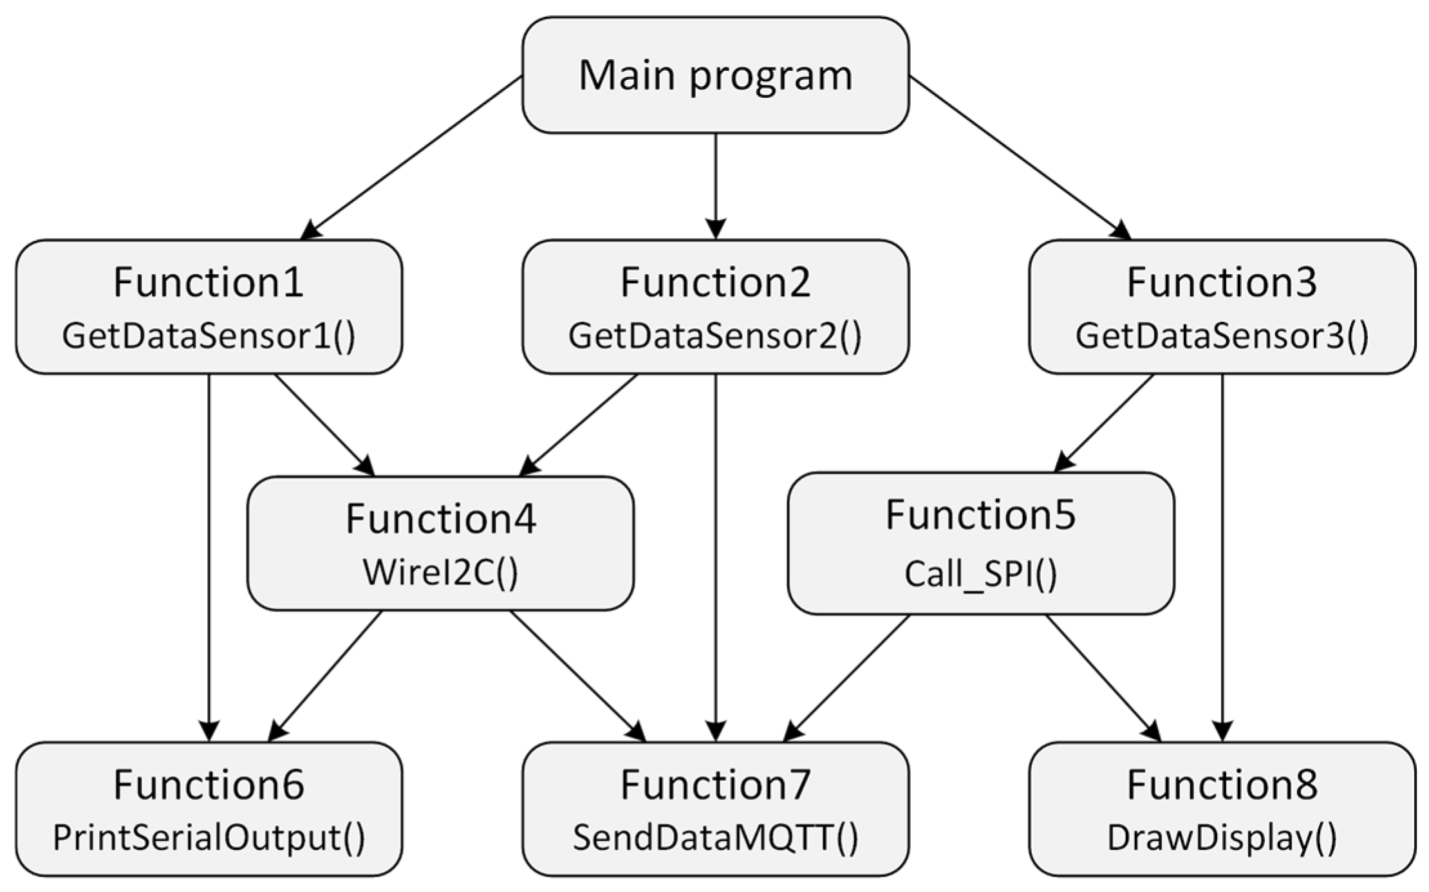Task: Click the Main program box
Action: [715, 75]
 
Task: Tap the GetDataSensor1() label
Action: [209, 336]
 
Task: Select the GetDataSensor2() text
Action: [715, 336]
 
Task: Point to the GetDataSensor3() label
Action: [1222, 336]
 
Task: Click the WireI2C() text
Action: [440, 572]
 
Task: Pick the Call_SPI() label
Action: [980, 573]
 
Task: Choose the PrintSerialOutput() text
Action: [209, 838]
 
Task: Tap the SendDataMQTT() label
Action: [715, 838]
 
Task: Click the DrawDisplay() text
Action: [1222, 838]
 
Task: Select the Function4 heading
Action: [440, 519]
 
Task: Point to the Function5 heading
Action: [980, 515]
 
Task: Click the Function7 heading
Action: [715, 785]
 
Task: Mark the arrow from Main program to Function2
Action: [716, 187]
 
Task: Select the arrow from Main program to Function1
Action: [412, 158]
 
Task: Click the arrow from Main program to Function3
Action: [1020, 158]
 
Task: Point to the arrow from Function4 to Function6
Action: [325, 676]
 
